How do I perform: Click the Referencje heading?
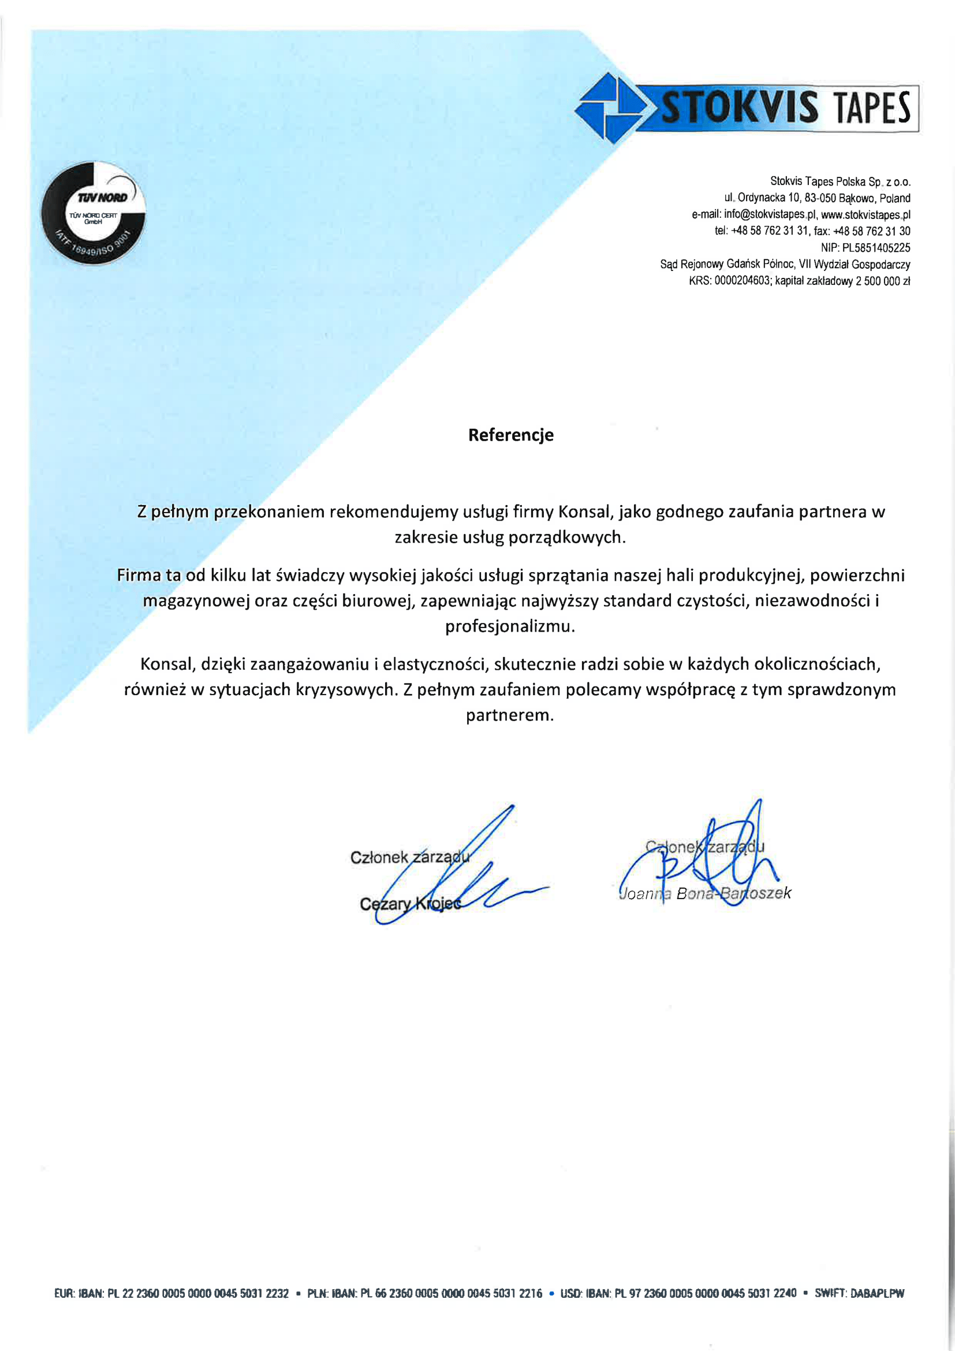tap(510, 435)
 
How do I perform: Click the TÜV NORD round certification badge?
tap(93, 213)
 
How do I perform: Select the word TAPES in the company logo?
tap(871, 108)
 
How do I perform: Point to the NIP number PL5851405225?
tap(876, 248)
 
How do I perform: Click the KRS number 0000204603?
tap(741, 281)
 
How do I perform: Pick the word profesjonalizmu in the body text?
tap(510, 626)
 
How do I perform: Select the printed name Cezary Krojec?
tap(411, 904)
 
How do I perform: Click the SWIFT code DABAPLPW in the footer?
tap(877, 1293)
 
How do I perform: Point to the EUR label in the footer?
tap(63, 1293)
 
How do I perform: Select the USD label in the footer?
tap(570, 1293)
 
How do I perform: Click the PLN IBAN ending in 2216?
tap(450, 1293)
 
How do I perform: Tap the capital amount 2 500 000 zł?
tap(883, 281)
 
